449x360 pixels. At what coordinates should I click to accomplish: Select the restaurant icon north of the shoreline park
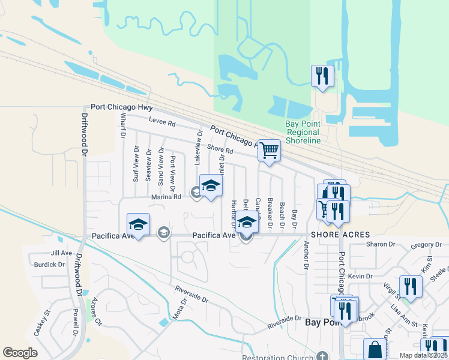[x=322, y=76]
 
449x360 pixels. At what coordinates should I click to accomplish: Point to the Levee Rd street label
[x=161, y=123]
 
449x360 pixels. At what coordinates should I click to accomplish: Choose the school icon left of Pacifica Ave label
[x=138, y=224]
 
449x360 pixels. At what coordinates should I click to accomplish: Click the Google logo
[x=20, y=353]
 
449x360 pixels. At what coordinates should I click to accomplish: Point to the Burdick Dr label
[x=49, y=264]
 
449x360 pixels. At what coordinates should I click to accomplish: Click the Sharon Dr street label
[x=380, y=245]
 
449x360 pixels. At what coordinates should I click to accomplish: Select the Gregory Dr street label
[x=426, y=245]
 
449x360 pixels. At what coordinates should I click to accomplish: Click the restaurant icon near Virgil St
[x=411, y=285]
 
